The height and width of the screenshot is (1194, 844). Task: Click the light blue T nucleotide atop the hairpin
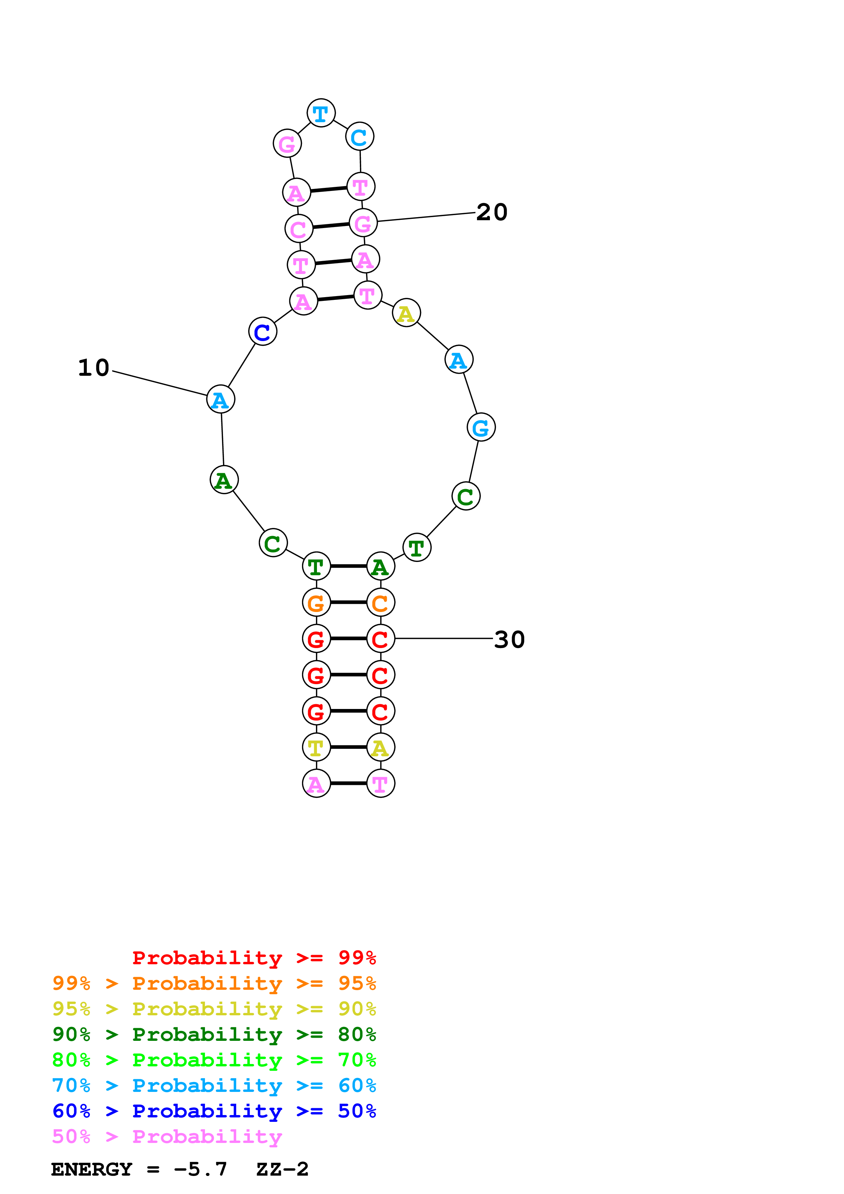point(321,113)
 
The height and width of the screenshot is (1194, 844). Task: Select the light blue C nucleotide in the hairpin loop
point(359,137)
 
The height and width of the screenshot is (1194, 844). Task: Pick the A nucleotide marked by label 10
point(221,399)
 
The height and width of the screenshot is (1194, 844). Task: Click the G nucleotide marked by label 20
point(363,223)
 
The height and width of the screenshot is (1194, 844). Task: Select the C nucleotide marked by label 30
point(380,639)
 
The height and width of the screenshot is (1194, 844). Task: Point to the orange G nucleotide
point(316,603)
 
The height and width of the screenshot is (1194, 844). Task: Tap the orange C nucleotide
point(380,603)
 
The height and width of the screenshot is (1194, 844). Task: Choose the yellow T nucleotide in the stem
point(316,747)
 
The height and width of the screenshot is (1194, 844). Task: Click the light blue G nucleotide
point(480,427)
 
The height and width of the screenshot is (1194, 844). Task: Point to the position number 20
point(491,212)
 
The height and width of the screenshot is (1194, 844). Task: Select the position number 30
point(509,639)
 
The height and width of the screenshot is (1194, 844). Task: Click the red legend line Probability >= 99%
point(254,957)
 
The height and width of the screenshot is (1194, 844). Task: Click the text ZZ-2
point(282,1169)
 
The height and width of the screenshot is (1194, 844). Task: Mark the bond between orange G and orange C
point(348,603)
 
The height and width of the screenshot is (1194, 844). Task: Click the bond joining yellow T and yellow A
point(348,747)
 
